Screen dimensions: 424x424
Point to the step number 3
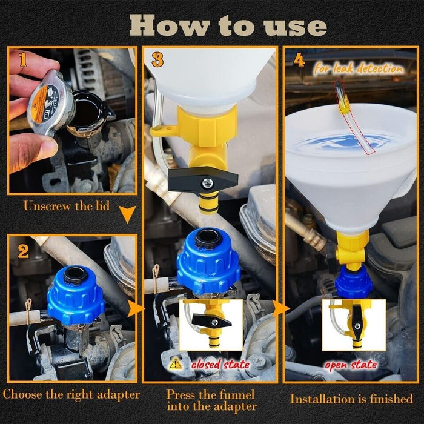coord(157,61)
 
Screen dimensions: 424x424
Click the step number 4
coord(299,61)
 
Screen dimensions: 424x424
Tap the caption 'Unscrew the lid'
coord(67,206)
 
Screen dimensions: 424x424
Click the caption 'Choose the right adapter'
coord(71,395)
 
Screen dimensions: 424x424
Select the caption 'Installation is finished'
coord(351,399)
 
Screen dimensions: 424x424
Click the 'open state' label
coord(351,365)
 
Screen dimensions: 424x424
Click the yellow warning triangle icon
coord(176,363)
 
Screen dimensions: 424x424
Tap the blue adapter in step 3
coord(208,260)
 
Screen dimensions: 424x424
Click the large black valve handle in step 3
coord(202,179)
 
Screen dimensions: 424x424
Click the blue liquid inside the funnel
coord(345,143)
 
